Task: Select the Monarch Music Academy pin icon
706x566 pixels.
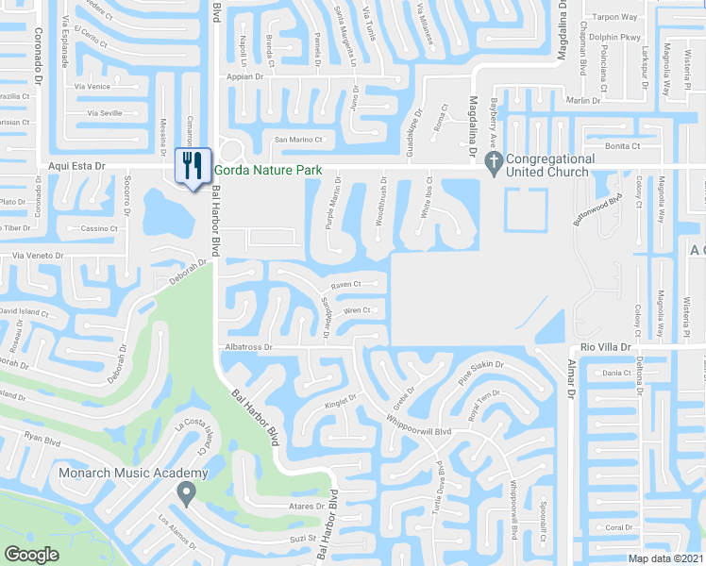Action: click(x=186, y=491)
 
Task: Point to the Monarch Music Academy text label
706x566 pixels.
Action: click(x=134, y=473)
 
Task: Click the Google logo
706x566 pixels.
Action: click(x=31, y=554)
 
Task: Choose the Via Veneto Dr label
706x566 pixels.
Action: click(x=38, y=256)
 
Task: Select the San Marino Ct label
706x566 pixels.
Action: click(x=298, y=140)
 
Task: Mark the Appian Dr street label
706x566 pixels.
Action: click(x=244, y=76)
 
